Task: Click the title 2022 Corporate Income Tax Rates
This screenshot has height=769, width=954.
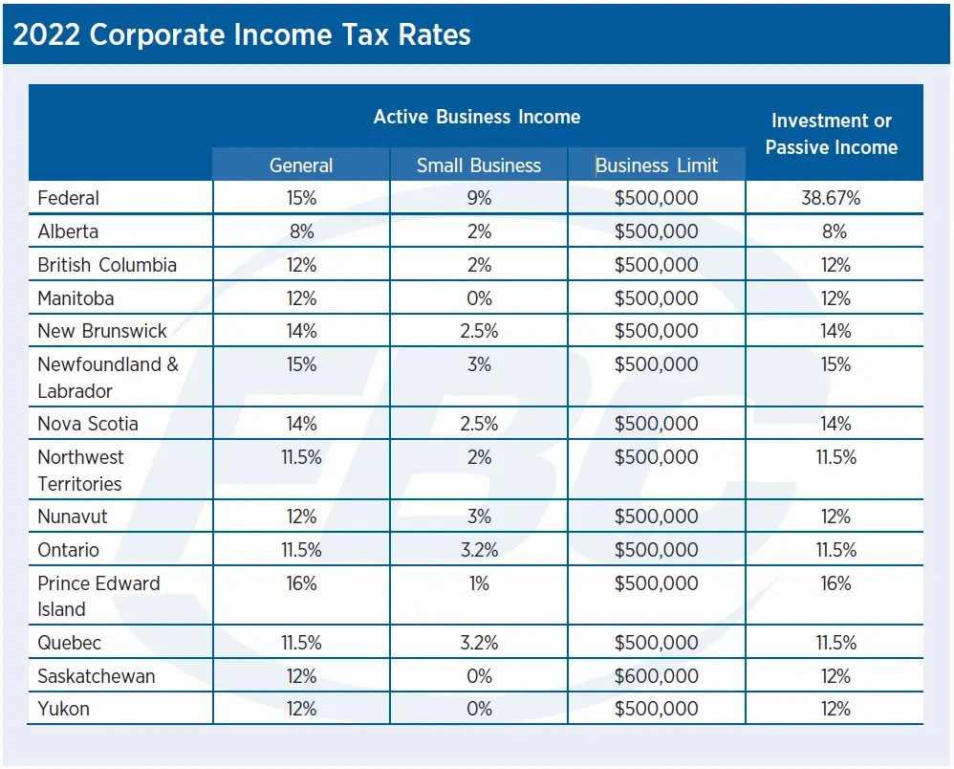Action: coord(242,35)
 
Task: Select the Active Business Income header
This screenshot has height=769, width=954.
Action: coord(476,117)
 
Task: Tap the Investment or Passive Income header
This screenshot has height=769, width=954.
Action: coord(832,134)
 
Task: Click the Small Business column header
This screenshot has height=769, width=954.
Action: coord(478,165)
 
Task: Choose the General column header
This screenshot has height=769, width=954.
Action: coord(301,165)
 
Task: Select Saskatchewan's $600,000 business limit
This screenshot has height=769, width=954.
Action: coord(656,676)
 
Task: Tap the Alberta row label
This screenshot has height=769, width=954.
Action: coord(68,231)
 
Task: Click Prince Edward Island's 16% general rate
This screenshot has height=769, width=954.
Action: coord(301,583)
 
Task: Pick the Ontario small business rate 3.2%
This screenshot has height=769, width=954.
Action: coord(479,550)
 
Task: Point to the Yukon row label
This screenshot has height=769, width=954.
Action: coord(63,709)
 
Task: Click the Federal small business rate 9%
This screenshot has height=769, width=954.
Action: coord(479,198)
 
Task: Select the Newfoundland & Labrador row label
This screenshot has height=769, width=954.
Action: coord(107,377)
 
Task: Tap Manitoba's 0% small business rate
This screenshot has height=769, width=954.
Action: coord(479,298)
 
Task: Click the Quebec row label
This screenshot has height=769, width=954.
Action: coord(69,643)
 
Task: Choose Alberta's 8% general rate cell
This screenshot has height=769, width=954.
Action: coord(301,231)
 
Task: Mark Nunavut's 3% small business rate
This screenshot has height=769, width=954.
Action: coord(479,516)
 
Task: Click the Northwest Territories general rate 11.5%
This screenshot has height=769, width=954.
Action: coord(301,457)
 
